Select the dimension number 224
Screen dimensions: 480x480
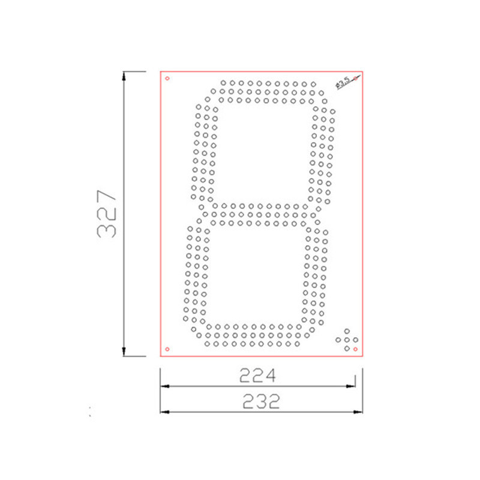tap(258, 376)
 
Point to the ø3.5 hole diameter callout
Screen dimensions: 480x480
tap(344, 82)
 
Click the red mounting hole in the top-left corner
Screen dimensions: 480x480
tap(167, 78)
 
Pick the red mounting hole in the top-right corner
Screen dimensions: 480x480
tap(357, 78)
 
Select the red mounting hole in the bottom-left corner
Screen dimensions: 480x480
tap(167, 349)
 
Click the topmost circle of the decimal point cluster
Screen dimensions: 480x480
tap(347, 332)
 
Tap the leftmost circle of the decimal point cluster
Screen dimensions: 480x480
tap(338, 340)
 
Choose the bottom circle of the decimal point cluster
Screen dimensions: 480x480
tap(347, 349)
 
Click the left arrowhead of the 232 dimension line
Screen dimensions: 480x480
tap(164, 412)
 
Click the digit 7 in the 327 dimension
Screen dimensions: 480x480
tap(107, 196)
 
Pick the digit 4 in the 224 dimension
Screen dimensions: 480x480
tap(271, 376)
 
